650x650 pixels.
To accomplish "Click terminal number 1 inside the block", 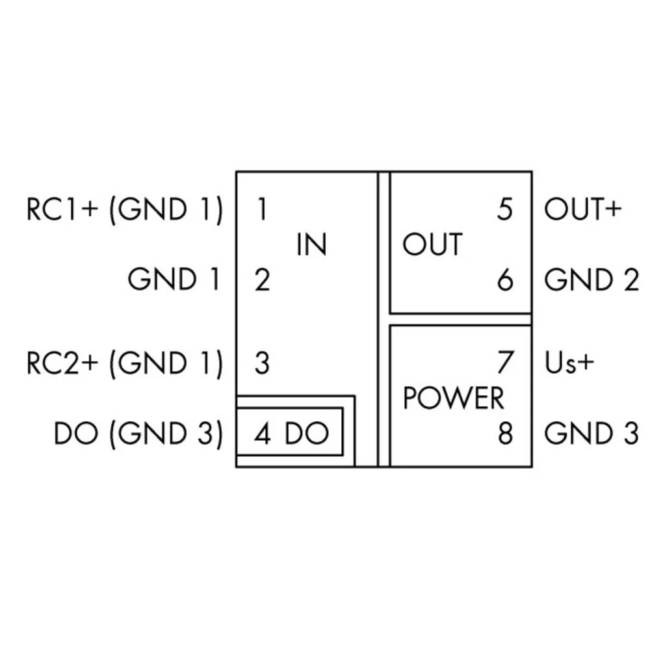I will coord(261,209).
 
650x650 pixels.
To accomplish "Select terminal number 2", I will coord(261,280).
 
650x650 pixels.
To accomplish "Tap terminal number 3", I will coord(261,363).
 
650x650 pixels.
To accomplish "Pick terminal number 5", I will coord(504,209).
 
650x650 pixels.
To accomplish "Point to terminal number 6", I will coord(505,280).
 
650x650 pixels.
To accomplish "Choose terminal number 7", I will coord(505,363).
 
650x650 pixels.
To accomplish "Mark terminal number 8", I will coord(505,434).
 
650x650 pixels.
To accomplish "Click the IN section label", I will coord(311,245).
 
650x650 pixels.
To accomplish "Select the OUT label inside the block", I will coord(432,245).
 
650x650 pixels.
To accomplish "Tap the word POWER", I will coord(453,398).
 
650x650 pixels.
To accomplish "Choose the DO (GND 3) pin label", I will coord(138,434).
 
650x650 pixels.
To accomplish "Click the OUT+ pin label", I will coord(583,209).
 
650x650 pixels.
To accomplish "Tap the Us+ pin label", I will coord(569,363).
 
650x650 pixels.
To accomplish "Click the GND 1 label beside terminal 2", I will coord(174,280).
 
